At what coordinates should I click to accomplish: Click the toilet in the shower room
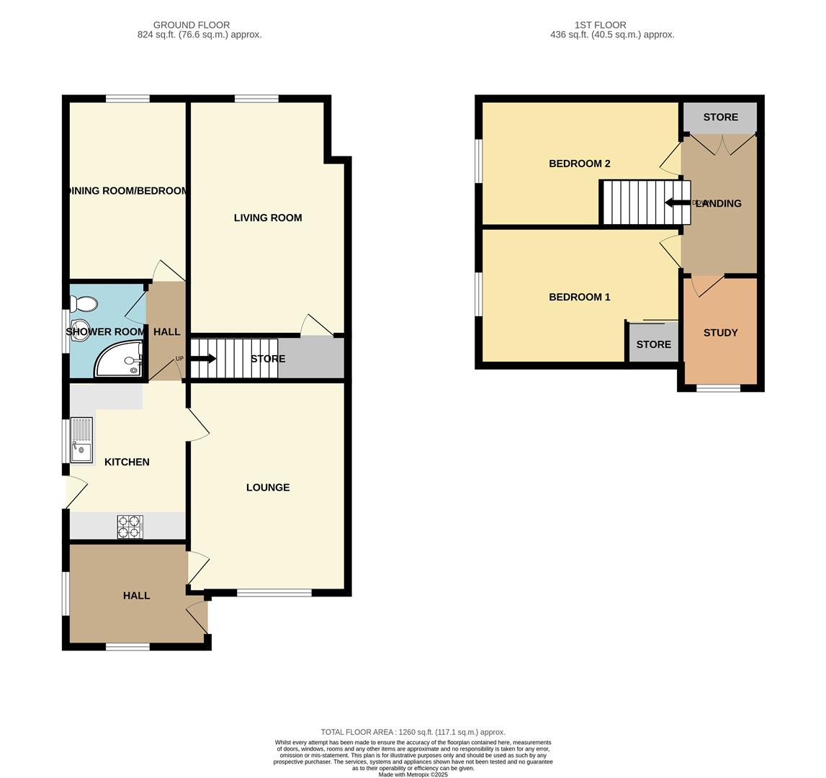(84, 304)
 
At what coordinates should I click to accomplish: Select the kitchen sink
(81, 440)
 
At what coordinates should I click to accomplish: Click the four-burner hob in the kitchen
(130, 527)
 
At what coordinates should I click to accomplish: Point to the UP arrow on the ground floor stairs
(202, 359)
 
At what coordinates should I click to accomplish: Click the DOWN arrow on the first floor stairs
(677, 203)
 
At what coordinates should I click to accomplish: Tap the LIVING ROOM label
(268, 218)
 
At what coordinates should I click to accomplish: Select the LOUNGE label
(268, 488)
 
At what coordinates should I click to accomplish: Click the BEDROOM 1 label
(579, 297)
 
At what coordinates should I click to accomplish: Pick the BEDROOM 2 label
(579, 164)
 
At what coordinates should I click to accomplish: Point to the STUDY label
(720, 333)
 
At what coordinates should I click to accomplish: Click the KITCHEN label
(127, 462)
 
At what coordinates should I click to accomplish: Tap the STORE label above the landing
(720, 117)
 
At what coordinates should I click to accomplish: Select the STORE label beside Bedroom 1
(653, 344)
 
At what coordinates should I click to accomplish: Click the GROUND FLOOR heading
(192, 24)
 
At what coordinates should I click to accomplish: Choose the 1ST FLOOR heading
(600, 24)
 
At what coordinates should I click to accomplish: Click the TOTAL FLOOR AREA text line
(413, 732)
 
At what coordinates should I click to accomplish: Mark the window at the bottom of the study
(718, 388)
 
